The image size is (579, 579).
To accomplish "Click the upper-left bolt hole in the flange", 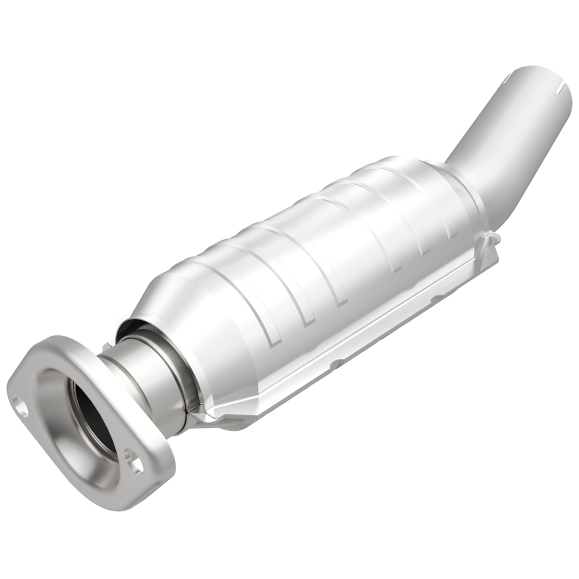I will (20, 406).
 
